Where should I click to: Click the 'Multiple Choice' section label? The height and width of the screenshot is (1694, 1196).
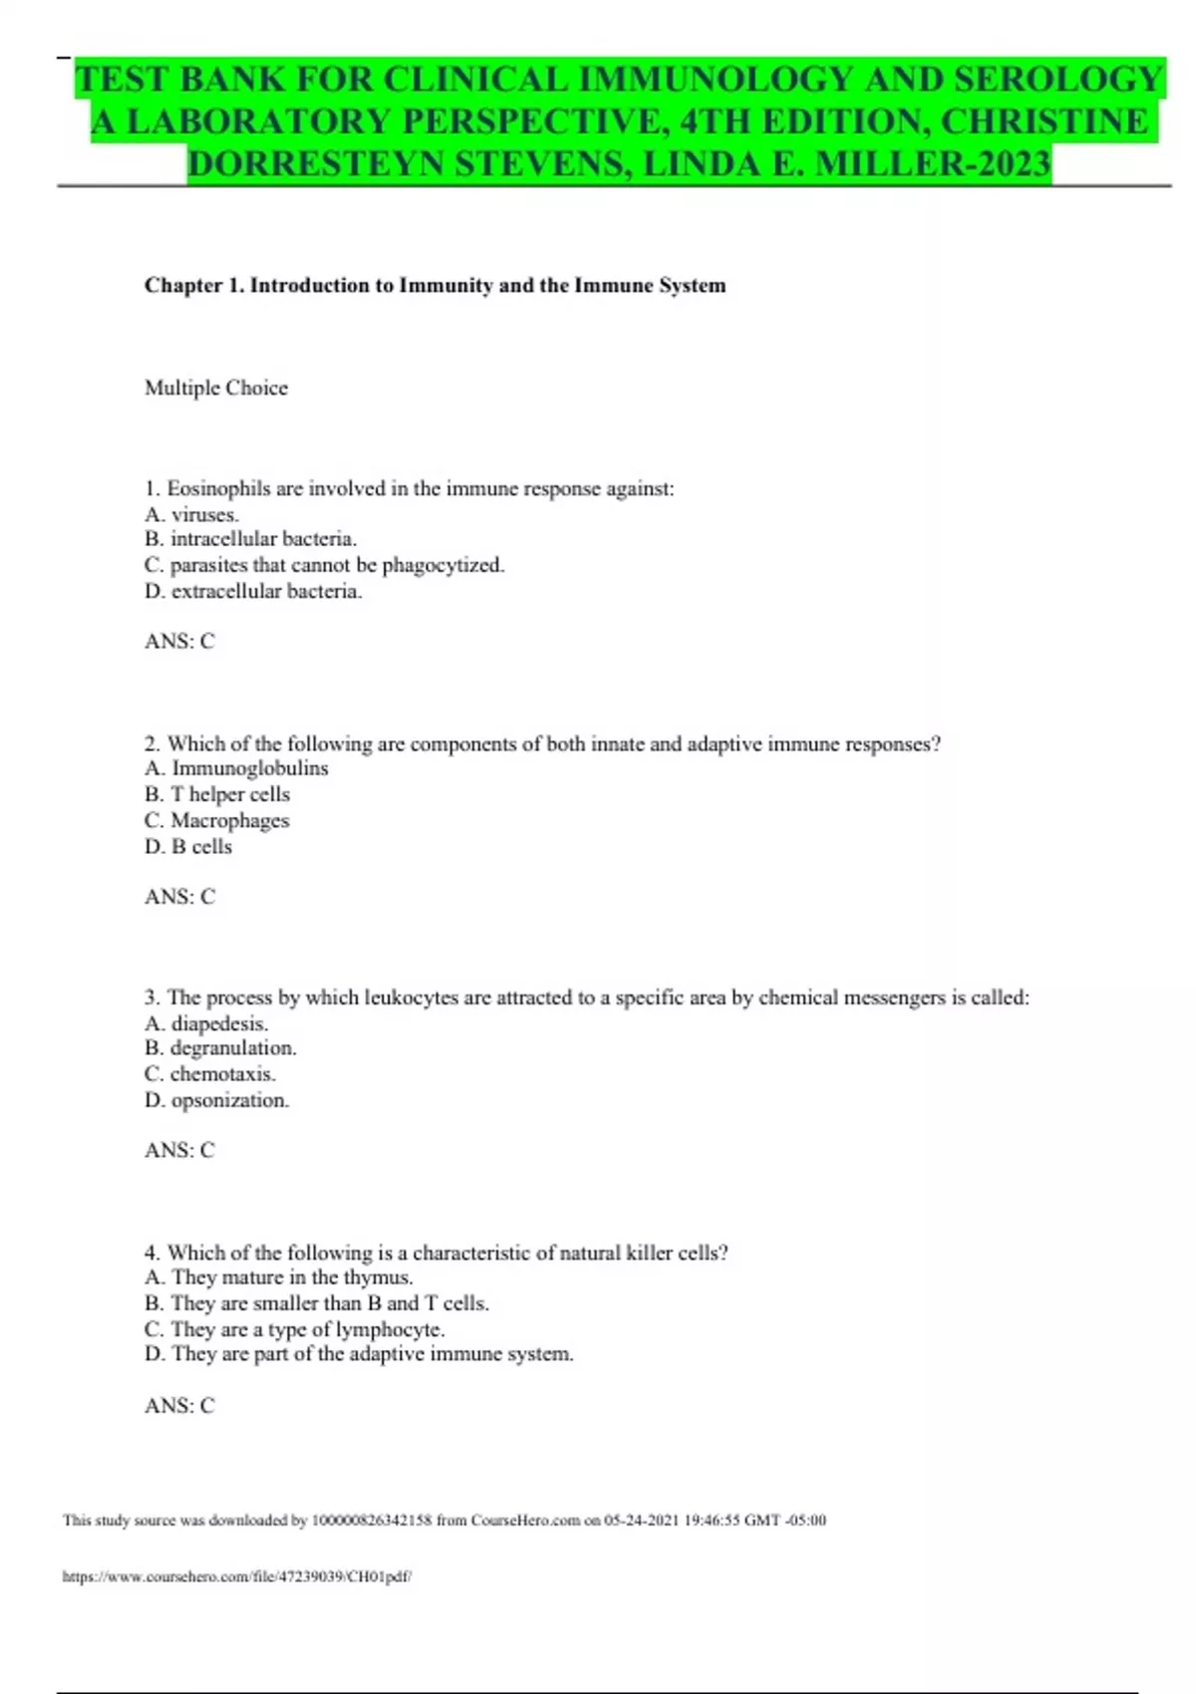[216, 388]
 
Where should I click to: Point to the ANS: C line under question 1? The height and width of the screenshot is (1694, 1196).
[179, 641]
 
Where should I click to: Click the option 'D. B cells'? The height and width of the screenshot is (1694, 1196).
[189, 846]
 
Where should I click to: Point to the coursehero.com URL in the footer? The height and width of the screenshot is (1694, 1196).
[237, 1576]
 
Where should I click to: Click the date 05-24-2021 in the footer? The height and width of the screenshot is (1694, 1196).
[641, 1521]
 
